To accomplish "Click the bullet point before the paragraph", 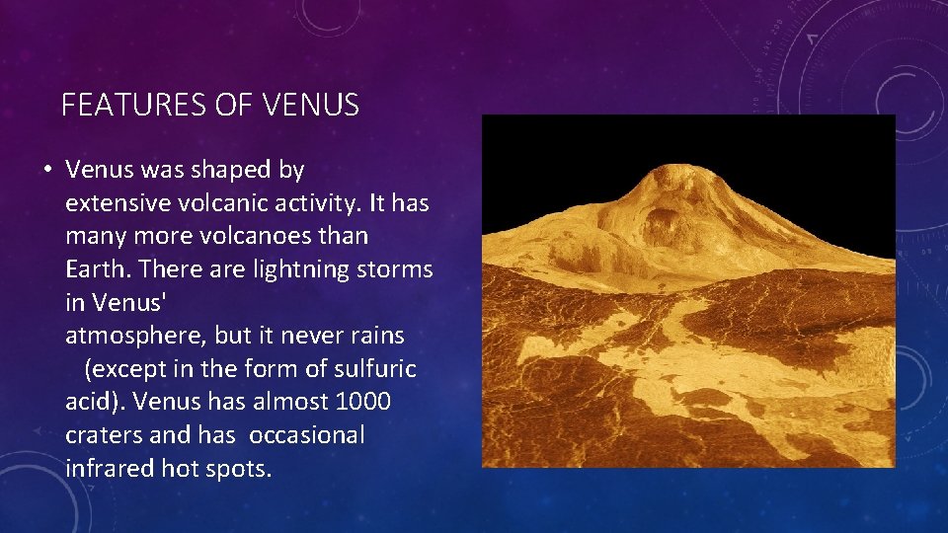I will (46, 170).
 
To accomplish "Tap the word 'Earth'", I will (99, 269).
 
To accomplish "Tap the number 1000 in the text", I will (362, 402).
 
